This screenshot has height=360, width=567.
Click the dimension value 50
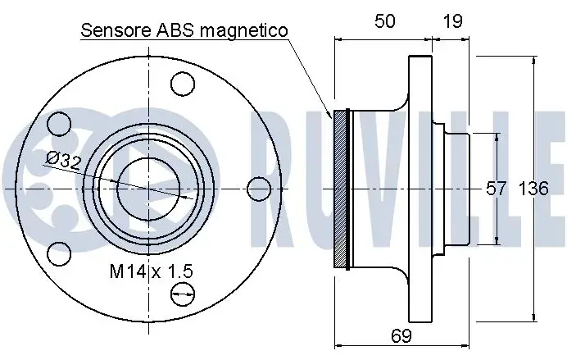tap(384, 21)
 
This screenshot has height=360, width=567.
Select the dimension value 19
tap(452, 21)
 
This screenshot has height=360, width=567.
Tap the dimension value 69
tap(401, 335)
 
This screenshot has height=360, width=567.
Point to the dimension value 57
tap(496, 189)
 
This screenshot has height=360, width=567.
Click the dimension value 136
tap(533, 189)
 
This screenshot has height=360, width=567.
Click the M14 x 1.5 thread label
tap(152, 271)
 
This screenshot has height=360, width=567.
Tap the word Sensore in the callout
tap(116, 31)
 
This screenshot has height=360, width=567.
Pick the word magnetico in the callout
tap(244, 31)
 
